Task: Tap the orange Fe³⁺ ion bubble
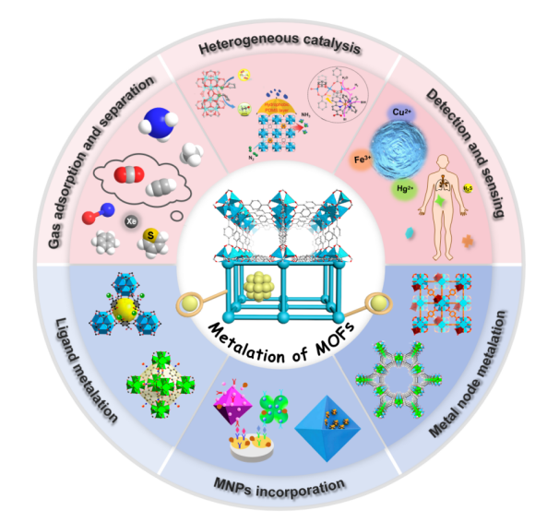click(363, 160)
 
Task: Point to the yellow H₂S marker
click(468, 187)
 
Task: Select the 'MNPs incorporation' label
click(279, 483)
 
